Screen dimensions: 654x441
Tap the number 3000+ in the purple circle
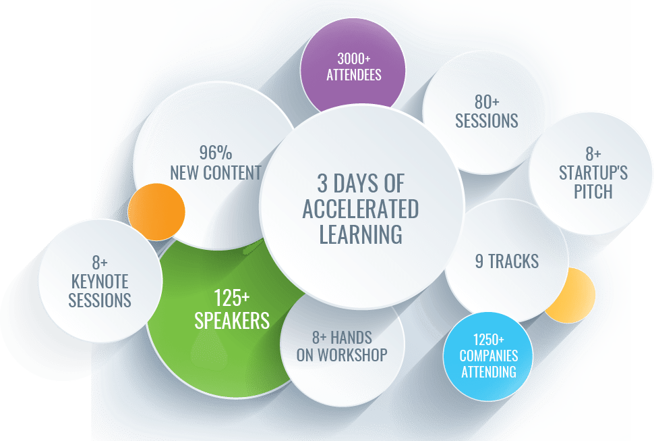354,59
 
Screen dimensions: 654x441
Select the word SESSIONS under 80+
486,121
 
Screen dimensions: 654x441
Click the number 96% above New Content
216,153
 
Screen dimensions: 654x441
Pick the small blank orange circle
156,212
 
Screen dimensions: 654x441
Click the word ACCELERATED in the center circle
361,209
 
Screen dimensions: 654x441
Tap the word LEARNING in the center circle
361,234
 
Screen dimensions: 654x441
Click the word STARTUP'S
593,173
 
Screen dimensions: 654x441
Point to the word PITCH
593,192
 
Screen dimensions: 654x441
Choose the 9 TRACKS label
507,261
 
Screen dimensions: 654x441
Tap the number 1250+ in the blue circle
488,340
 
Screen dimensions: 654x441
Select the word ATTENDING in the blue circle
488,371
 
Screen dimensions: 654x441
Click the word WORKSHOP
353,355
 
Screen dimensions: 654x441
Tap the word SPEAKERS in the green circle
232,321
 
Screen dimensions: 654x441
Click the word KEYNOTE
100,282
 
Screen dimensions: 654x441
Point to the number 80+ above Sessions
487,102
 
